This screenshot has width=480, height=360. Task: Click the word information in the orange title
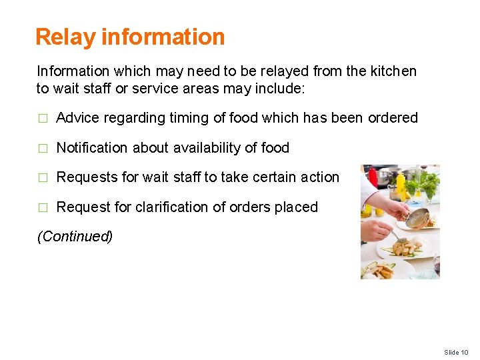tap(163, 37)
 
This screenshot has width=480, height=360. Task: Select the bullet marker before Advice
tap(42, 119)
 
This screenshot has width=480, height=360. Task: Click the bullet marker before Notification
tap(42, 148)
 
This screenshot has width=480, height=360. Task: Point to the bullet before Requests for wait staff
tap(42, 178)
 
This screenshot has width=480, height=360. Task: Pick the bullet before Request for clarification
tap(42, 207)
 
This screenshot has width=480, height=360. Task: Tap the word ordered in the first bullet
tap(393, 118)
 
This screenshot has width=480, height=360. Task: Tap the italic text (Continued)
tap(75, 236)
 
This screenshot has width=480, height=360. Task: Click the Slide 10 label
tap(456, 352)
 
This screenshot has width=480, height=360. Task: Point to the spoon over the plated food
tap(399, 235)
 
